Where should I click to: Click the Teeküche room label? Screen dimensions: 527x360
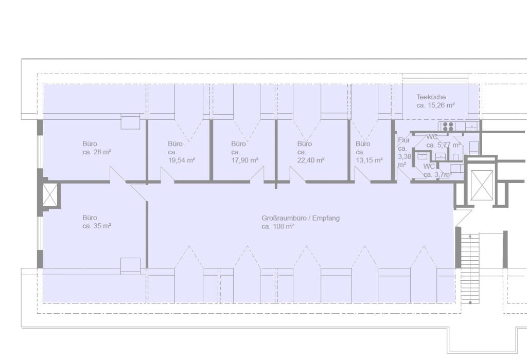431,97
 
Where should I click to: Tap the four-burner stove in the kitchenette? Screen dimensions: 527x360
448,127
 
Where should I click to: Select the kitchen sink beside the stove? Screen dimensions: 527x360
471,127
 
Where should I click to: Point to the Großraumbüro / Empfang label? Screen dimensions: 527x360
301,218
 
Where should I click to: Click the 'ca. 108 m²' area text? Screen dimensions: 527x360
278,226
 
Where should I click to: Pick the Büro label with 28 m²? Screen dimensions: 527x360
90,143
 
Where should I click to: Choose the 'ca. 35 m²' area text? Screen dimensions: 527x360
97,226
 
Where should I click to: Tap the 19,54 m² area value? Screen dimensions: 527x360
182,160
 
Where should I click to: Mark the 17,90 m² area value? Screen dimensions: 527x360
244,160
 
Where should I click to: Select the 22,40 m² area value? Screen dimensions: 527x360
311,160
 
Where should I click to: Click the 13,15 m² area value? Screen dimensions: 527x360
370,160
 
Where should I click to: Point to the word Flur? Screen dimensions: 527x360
403,140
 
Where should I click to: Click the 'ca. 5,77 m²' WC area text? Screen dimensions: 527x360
444,145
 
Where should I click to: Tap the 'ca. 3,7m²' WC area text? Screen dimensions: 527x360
437,175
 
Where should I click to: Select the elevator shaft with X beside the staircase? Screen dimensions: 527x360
482,185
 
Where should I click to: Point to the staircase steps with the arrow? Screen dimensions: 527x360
469,268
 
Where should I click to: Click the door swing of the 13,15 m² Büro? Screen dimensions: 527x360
362,175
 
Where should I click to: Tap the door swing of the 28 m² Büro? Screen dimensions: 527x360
118,174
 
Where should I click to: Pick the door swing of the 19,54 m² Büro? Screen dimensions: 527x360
167,175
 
